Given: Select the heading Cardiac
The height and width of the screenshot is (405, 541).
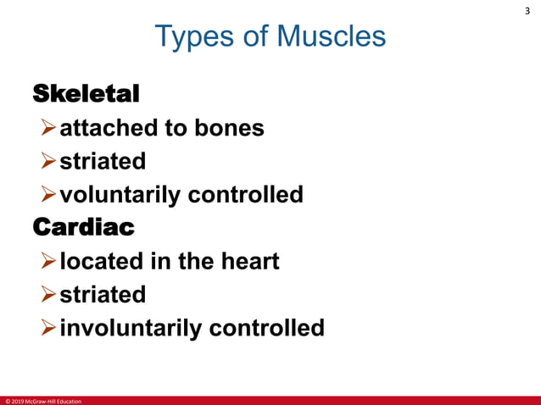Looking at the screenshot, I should point(82,227).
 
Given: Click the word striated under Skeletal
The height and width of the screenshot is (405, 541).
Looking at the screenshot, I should point(102,161).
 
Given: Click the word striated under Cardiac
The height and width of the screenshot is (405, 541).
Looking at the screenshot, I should point(102,294).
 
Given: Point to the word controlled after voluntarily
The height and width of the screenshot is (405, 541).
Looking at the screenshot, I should point(245,195).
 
